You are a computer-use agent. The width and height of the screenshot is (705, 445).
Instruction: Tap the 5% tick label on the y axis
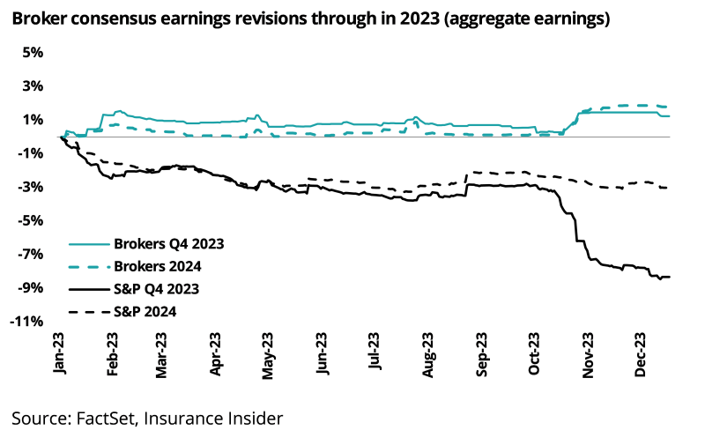(33, 53)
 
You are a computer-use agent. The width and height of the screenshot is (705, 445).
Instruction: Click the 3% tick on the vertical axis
(33, 86)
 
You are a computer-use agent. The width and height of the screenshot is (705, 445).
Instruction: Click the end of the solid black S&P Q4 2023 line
(669, 277)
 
